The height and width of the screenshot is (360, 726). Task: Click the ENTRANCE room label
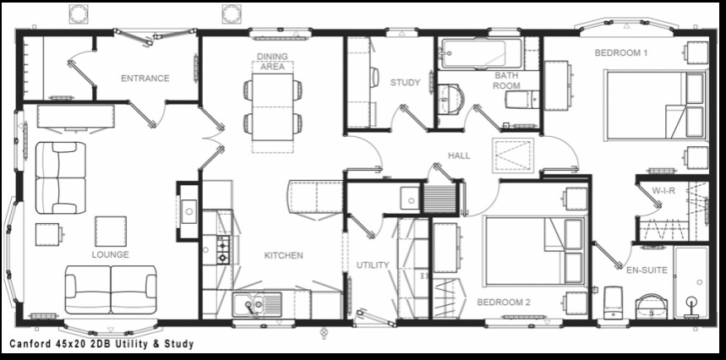145,79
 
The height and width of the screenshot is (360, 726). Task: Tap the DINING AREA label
272,62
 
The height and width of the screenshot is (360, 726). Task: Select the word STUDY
405,82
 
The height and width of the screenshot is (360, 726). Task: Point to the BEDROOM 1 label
621,52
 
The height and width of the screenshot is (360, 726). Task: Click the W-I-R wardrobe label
663,191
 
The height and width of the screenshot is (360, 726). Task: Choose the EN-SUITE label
647,270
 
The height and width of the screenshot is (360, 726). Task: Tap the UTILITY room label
373,265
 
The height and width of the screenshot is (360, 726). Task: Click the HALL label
459,156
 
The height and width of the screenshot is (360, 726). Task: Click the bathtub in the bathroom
482,54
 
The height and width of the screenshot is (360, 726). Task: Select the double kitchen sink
257,305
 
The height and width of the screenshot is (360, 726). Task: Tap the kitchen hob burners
223,250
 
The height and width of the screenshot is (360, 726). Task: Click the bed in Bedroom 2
534,250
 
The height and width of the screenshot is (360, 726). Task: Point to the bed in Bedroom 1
656,105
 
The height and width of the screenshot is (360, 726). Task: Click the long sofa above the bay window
111,290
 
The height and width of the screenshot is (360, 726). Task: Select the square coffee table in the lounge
111,232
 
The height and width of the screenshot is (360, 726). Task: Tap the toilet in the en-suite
613,303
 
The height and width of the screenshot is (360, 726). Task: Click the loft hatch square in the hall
513,155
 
